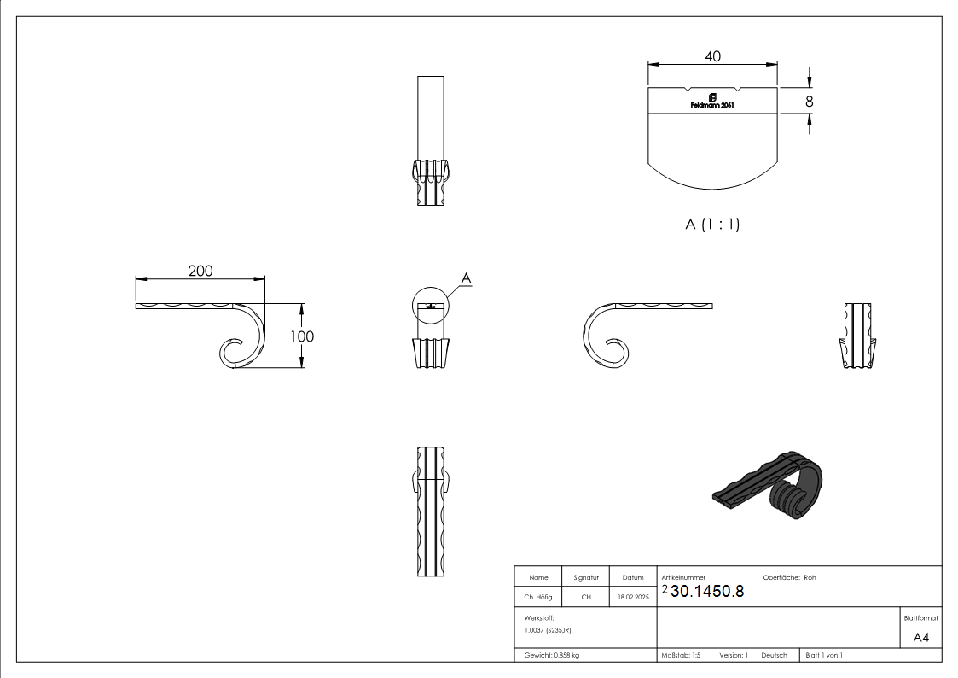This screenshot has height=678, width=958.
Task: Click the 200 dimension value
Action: (x=200, y=271)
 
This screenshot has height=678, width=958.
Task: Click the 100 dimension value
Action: (x=302, y=336)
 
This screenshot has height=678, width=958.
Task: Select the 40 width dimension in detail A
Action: (x=713, y=56)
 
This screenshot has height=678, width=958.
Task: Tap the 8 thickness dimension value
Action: (x=809, y=101)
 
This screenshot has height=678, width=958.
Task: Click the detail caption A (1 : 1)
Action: (x=711, y=225)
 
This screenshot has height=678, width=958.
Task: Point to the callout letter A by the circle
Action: (x=466, y=278)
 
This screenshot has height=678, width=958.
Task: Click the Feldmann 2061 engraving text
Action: (x=711, y=105)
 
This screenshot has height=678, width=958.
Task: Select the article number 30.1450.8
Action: (x=707, y=591)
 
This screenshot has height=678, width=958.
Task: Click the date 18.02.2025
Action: (x=633, y=598)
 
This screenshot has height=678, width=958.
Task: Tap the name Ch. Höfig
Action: (x=538, y=598)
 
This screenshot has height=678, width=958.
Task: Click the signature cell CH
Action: (x=586, y=598)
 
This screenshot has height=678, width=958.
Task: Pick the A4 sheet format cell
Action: (x=921, y=638)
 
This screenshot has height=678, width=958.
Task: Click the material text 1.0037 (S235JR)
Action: (x=548, y=629)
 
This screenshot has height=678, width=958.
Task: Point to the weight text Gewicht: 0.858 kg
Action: (x=552, y=655)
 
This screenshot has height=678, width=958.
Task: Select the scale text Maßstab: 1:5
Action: (x=681, y=655)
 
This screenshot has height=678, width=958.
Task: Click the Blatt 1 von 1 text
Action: (x=824, y=655)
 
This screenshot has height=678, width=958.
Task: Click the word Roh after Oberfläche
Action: (x=810, y=577)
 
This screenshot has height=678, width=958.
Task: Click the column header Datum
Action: (x=633, y=577)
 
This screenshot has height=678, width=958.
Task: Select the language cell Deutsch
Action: (x=774, y=655)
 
